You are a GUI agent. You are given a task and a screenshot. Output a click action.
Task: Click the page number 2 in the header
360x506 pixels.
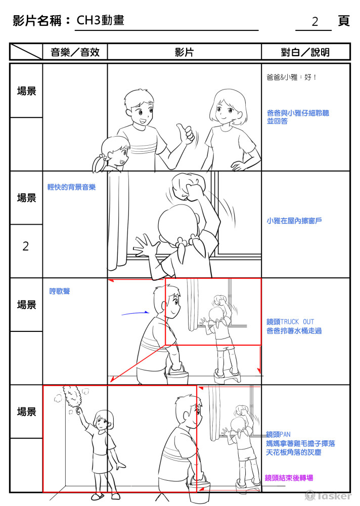tap(314, 22)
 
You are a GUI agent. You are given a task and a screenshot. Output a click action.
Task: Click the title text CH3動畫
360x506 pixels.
tap(100, 21)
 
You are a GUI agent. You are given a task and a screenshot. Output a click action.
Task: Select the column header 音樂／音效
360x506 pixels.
tap(75, 52)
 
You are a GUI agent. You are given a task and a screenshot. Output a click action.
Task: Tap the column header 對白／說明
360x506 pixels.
tap(305, 52)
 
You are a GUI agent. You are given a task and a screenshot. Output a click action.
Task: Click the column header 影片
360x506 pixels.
tap(184, 52)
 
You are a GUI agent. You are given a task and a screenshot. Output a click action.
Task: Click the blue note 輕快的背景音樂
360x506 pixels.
tap(71, 187)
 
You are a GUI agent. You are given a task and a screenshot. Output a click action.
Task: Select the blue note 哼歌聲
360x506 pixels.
tap(60, 291)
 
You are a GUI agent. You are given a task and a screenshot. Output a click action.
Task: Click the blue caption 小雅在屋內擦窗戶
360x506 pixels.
tap(294, 221)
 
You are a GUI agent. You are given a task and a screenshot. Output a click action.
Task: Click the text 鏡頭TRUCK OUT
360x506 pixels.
tap(290, 322)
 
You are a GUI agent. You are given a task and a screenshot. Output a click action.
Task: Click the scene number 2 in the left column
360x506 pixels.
tap(26, 246)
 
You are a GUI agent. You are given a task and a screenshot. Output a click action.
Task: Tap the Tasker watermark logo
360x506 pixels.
tap(328, 496)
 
